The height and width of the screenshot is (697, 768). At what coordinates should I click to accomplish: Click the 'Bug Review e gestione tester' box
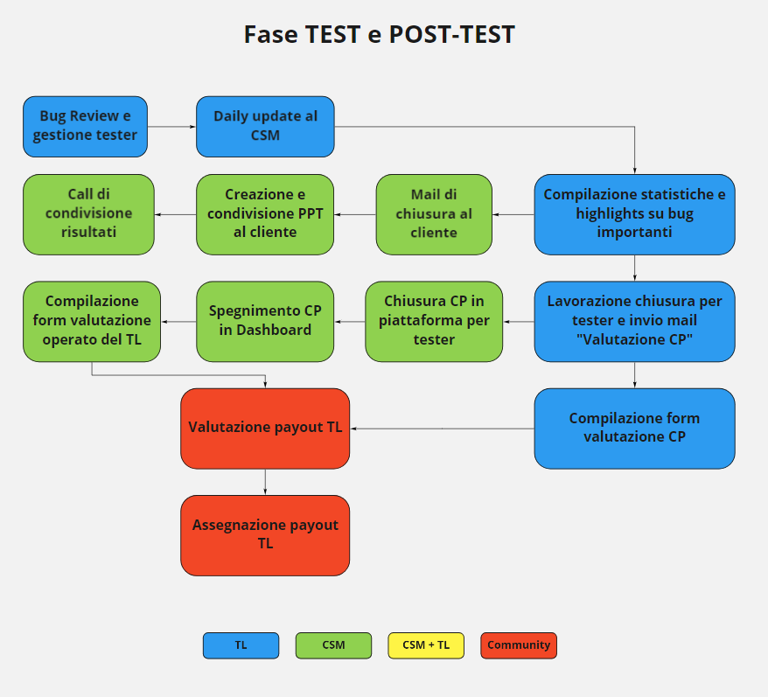[85, 127]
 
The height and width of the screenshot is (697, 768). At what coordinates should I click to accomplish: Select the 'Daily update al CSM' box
[265, 127]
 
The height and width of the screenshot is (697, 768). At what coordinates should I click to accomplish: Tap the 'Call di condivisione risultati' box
[88, 214]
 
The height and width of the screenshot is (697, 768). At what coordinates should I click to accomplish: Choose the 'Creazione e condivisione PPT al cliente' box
[265, 214]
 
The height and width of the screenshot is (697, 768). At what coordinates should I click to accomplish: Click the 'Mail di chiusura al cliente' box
[434, 214]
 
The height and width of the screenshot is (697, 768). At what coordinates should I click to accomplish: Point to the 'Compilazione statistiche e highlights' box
[634, 214]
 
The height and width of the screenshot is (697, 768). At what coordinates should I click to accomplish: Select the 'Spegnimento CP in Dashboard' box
[265, 321]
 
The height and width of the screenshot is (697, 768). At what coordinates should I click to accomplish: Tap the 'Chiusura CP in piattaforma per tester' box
[434, 321]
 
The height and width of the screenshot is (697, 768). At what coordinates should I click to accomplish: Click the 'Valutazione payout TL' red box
[265, 429]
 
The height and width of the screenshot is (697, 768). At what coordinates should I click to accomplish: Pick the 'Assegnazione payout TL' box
[265, 535]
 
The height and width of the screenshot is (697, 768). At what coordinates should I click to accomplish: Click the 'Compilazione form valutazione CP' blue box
[634, 429]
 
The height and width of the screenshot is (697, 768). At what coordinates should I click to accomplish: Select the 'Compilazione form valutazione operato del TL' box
[92, 321]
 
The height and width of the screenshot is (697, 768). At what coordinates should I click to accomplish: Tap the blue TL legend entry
[241, 645]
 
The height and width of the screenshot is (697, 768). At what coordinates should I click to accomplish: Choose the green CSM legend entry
[333, 645]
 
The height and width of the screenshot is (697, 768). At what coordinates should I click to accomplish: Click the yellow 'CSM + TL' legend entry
[426, 645]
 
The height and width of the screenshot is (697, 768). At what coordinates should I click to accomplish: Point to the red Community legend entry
[519, 645]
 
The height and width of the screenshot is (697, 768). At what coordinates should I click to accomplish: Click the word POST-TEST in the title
[451, 34]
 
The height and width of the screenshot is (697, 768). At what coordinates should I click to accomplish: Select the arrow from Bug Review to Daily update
[171, 127]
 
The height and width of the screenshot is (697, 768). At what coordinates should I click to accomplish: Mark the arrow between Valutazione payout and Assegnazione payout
[265, 482]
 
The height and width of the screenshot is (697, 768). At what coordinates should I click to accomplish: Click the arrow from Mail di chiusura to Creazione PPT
[355, 214]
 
